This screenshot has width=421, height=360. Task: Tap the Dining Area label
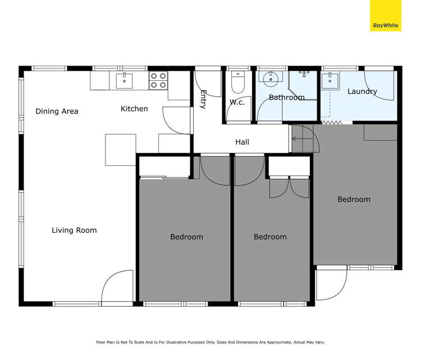tap(57, 111)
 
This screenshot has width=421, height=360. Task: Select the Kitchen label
tap(134, 108)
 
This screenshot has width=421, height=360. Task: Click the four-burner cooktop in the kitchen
tap(158, 81)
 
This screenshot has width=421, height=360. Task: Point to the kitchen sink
tap(124, 80)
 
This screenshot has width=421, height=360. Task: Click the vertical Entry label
tap(203, 103)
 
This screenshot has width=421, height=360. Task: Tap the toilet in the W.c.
tap(238, 83)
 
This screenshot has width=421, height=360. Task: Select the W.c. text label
tap(236, 102)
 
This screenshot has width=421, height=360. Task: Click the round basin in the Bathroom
tap(270, 78)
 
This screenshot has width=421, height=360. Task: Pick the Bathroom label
tap(286, 97)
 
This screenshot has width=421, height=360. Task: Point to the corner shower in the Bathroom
tap(304, 84)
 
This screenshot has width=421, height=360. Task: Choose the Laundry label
tap(362, 91)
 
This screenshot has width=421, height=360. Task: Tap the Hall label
tap(242, 142)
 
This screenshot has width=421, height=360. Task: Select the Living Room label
tap(74, 230)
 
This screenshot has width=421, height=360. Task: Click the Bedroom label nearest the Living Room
tap(186, 237)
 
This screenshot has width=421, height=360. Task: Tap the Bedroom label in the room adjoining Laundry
tap(354, 199)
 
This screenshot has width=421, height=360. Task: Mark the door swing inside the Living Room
tap(117, 287)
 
